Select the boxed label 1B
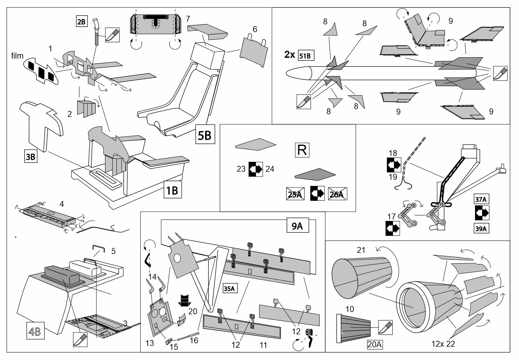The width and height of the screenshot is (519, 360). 173,190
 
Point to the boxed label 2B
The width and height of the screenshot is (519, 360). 81,22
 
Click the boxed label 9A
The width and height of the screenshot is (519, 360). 297,227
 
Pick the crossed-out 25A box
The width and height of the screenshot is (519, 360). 295,194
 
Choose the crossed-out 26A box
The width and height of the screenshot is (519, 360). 337,194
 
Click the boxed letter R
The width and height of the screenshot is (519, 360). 302,150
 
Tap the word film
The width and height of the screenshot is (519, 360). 17,56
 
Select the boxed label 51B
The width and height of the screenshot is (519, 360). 306,56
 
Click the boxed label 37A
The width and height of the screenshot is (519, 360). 482,199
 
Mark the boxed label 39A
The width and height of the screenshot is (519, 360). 482,229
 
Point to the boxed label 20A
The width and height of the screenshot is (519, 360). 375,345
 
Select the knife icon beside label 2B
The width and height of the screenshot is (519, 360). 112,35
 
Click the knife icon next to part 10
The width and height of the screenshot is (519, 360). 385,328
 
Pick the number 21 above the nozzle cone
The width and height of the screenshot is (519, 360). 361,250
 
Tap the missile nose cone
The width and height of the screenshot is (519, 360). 298,73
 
